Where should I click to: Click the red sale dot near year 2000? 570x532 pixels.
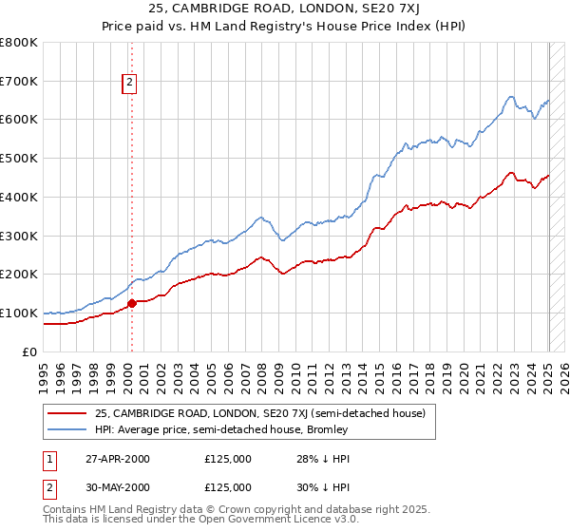point(132,304)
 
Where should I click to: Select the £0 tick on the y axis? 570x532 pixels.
point(29,351)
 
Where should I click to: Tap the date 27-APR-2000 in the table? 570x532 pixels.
point(117,459)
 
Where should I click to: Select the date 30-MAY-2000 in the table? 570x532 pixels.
point(118,486)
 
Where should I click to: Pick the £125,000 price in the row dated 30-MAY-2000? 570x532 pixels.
point(228,486)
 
